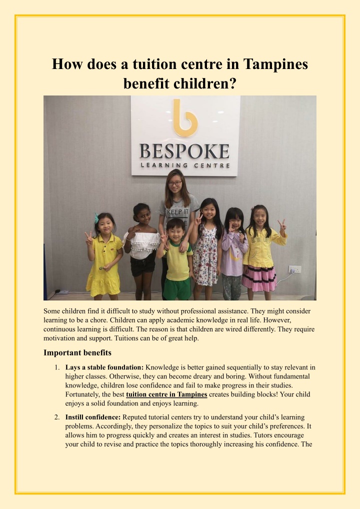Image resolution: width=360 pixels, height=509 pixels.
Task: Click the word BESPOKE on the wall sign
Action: [x=185, y=151]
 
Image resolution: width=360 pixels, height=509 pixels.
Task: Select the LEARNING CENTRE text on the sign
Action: [x=185, y=165]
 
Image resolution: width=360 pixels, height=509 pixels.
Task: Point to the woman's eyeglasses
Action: [x=175, y=183]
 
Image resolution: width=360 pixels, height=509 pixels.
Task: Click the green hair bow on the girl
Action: [x=96, y=218]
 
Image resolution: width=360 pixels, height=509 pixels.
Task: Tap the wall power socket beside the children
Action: [x=294, y=269]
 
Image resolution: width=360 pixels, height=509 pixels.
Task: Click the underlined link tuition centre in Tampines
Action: [x=166, y=394]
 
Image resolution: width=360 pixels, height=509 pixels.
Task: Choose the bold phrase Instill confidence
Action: [x=93, y=416]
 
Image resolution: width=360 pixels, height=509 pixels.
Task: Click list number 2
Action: [x=57, y=416]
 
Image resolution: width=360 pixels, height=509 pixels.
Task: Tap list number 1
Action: [x=57, y=367]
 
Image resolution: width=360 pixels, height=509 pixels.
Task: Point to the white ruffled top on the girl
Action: [x=141, y=243]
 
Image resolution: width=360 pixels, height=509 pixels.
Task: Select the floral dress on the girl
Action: [x=205, y=255]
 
